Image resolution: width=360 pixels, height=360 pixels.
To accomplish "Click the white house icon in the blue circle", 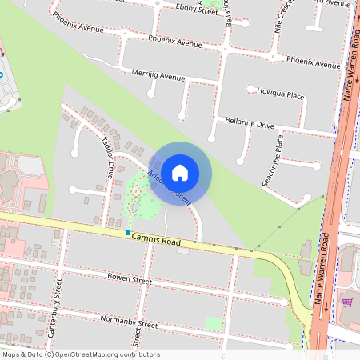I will pyautogui.click(x=180, y=172).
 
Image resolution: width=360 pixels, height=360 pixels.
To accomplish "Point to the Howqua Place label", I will pyautogui.click(x=280, y=94).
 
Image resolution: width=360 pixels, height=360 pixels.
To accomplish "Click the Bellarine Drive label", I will pyautogui.click(x=250, y=125).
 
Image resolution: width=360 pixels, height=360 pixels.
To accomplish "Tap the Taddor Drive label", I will pyautogui.click(x=107, y=157).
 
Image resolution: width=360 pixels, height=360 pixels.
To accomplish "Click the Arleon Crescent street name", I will pyautogui.click(x=169, y=186).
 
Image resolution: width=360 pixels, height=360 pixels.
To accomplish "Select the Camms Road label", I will pyautogui.click(x=157, y=238).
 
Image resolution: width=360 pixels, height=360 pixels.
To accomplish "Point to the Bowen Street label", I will pyautogui.click(x=129, y=280).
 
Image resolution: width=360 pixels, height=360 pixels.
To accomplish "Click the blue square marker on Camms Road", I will pyautogui.click(x=127, y=233).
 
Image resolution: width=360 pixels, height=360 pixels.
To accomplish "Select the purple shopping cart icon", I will pyautogui.click(x=347, y=302).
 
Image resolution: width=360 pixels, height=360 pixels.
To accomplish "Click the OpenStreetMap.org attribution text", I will pyautogui.click(x=106, y=354).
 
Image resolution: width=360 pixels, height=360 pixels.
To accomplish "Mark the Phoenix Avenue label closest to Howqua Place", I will pyautogui.click(x=314, y=62).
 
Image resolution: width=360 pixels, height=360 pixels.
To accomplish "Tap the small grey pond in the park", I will pyautogui.click(x=134, y=207).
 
